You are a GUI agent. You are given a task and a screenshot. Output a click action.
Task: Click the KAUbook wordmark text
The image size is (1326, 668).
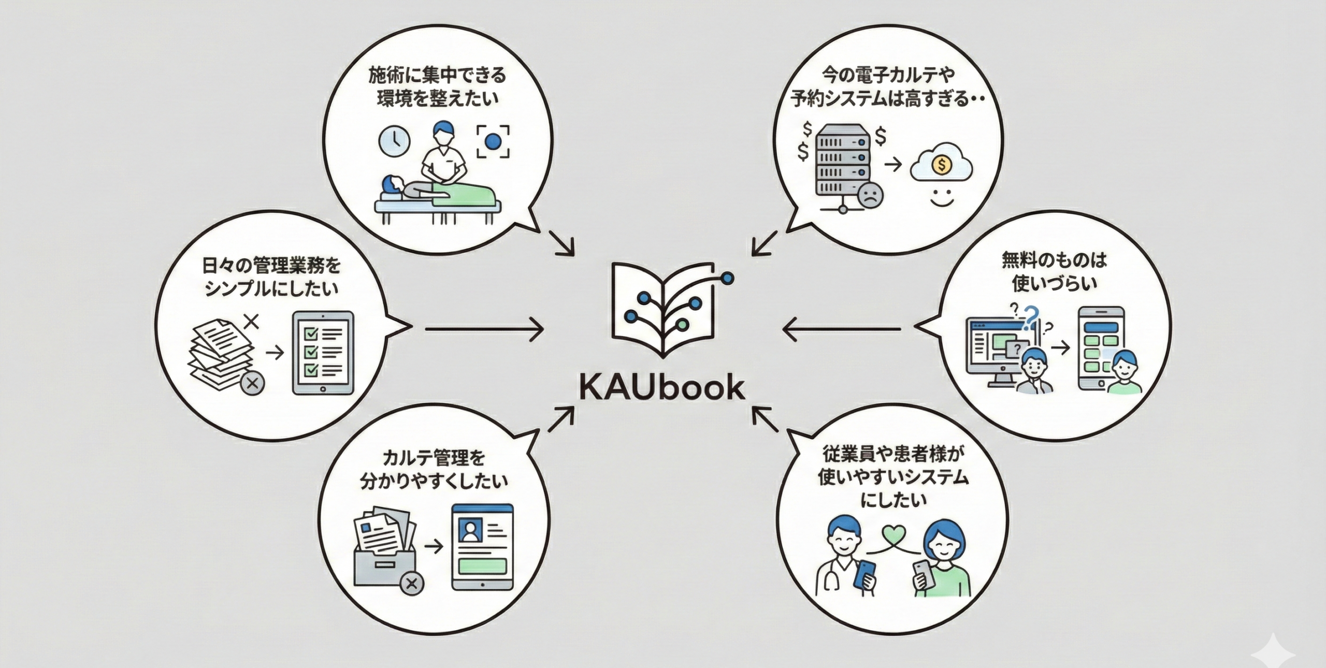pos(662,388)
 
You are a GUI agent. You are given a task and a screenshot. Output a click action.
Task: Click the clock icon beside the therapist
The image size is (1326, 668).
pos(394,141)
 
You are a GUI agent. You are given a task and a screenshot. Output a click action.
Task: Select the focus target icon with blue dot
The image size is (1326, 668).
pos(493,141)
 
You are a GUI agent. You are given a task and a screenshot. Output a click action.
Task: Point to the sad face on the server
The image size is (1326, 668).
pos(870,195)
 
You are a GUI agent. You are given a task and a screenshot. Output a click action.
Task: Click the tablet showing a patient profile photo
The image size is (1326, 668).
pos(482,547)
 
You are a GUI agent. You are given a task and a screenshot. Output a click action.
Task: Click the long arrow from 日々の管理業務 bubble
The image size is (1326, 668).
pos(484,328)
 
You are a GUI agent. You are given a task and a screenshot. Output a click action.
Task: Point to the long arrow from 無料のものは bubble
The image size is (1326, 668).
pos(842,328)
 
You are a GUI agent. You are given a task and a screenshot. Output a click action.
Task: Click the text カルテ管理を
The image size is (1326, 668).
pos(434,458)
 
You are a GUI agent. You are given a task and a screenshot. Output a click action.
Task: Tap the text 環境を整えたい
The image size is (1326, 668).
pos(438,99)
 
